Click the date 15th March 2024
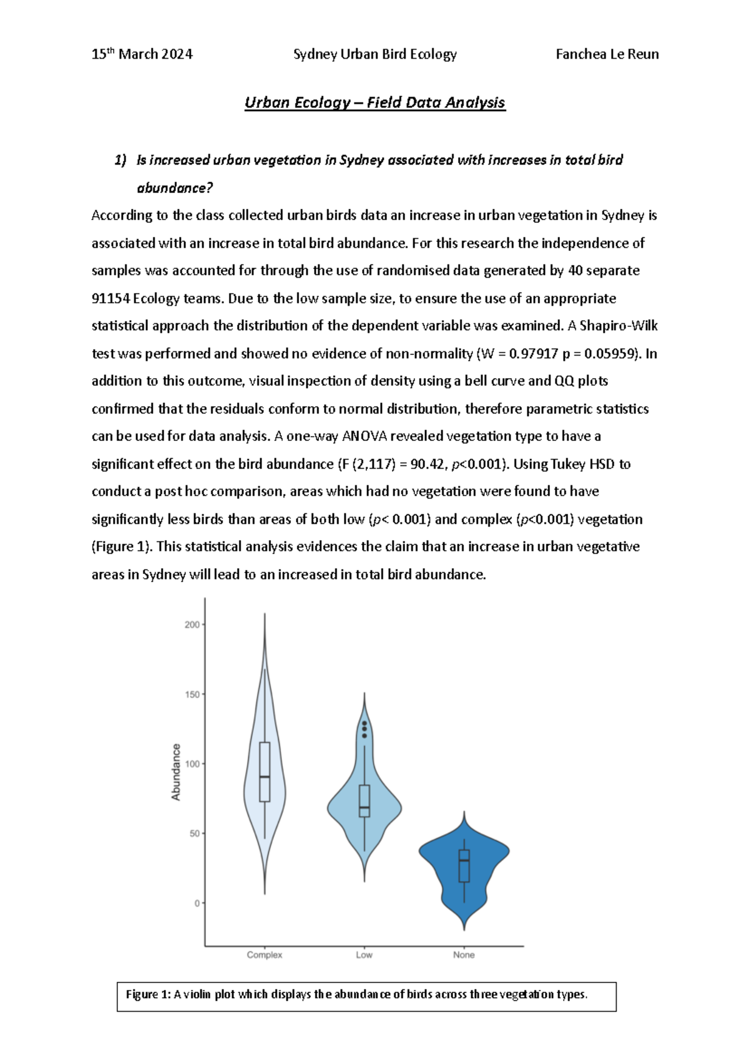click(x=142, y=54)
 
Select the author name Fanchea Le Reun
click(x=607, y=54)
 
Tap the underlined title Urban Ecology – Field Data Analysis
click(x=374, y=103)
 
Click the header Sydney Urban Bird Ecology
click(x=374, y=54)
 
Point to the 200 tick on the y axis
click(x=192, y=624)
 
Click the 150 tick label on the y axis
click(x=192, y=694)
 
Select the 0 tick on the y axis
click(x=197, y=903)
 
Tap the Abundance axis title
click(x=176, y=772)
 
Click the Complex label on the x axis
click(x=265, y=954)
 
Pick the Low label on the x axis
click(x=364, y=954)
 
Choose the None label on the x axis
click(x=464, y=954)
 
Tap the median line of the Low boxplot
click(x=365, y=808)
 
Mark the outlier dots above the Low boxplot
click(x=365, y=729)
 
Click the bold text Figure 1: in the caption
click(x=148, y=994)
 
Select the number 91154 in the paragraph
click(x=110, y=298)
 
